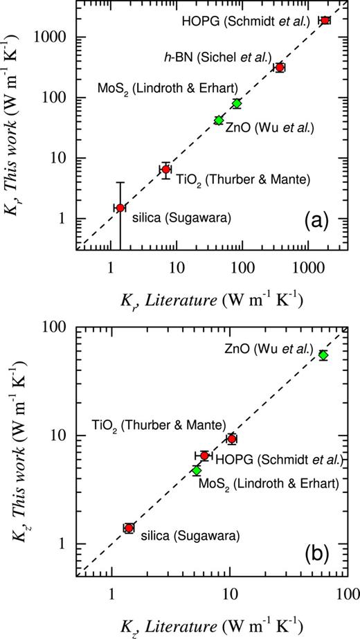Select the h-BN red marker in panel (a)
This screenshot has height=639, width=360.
point(280,67)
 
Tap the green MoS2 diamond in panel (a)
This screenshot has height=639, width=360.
point(237,104)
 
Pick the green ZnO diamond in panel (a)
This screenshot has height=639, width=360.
point(219,120)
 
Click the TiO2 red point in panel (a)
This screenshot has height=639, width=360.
point(166,169)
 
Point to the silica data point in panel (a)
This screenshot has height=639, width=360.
point(120,208)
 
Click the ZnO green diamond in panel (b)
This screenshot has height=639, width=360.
point(323,355)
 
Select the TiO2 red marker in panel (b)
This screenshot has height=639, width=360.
point(232,439)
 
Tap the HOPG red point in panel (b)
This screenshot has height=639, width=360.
point(204,456)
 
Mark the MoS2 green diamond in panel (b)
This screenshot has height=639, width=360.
point(197,470)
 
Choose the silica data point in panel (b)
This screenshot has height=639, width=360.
point(129,528)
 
